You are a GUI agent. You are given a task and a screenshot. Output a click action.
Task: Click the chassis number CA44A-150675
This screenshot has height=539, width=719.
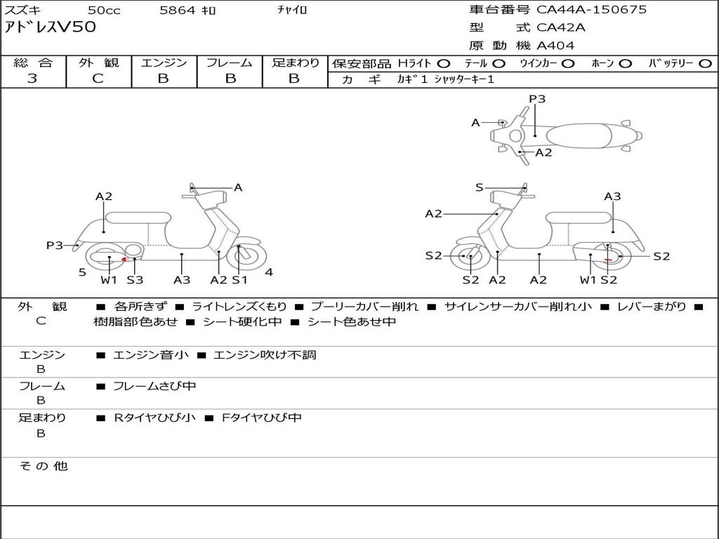[x=591, y=10]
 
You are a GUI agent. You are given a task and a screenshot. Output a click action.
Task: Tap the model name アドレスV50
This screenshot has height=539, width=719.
[x=51, y=27]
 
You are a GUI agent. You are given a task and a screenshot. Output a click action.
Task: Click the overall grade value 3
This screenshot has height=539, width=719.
[x=32, y=79]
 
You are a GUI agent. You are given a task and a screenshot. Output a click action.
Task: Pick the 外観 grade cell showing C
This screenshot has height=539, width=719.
[x=98, y=79]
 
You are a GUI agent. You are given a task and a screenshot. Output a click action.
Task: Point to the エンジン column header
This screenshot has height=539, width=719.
[x=164, y=63]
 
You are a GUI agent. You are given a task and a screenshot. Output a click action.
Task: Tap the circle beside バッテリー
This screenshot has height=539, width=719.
[x=706, y=64]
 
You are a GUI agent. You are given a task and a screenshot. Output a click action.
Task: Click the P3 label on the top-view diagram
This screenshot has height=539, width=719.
[x=537, y=99]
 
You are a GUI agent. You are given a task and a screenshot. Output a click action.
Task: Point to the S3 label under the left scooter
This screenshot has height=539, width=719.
[x=135, y=280]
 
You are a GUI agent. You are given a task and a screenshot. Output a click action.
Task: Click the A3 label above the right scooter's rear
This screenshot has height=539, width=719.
[x=612, y=197]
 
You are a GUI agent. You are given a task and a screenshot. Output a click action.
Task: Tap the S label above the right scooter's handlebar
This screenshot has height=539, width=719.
[x=480, y=187]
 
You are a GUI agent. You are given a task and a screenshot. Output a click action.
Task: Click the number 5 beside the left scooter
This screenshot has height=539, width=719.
[x=82, y=272]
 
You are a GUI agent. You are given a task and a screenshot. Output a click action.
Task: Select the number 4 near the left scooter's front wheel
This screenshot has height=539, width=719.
[x=269, y=272]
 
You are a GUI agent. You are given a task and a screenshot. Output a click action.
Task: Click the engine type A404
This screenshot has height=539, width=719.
[x=555, y=46]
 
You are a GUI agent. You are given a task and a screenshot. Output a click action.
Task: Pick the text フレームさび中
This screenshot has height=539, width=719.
[x=154, y=386]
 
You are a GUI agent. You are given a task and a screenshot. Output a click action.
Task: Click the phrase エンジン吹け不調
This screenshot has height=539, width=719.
[x=265, y=355]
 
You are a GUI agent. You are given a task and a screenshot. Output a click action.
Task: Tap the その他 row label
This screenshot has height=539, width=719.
[x=43, y=466]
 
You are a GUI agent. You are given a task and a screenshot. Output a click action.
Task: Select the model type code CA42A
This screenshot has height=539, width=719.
[x=561, y=28]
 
